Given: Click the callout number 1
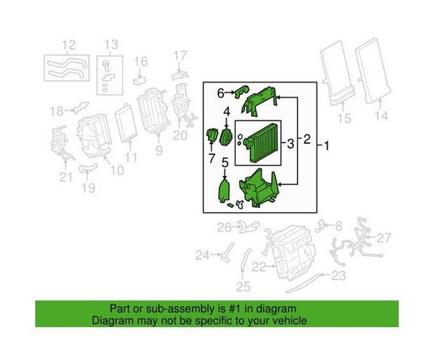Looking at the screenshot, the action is coord(326,146).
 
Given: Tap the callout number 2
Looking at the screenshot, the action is coord(307,139).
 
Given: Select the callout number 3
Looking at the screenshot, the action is coord(290,144).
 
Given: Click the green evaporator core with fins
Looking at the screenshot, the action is coord(261,143).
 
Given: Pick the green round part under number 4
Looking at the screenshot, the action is coord(226,137).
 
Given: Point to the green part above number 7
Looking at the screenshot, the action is coord(211,135).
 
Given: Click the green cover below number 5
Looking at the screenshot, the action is coord(224,192).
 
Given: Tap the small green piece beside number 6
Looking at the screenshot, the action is coord(242,92).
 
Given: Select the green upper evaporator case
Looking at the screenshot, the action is coord(259,101).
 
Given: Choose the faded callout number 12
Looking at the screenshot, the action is coord(69,45).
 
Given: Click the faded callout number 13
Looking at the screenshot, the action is coord(111,45).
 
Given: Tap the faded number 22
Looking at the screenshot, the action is coord(258,267).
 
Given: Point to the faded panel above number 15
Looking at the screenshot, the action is coord(338,73).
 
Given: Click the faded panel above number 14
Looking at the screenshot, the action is coord(373,71).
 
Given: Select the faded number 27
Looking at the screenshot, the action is coord(384,238).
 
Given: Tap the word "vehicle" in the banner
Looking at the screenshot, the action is coord(290,320).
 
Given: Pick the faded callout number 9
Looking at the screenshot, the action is coord(159,151).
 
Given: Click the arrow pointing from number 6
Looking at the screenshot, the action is coord(230,93).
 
